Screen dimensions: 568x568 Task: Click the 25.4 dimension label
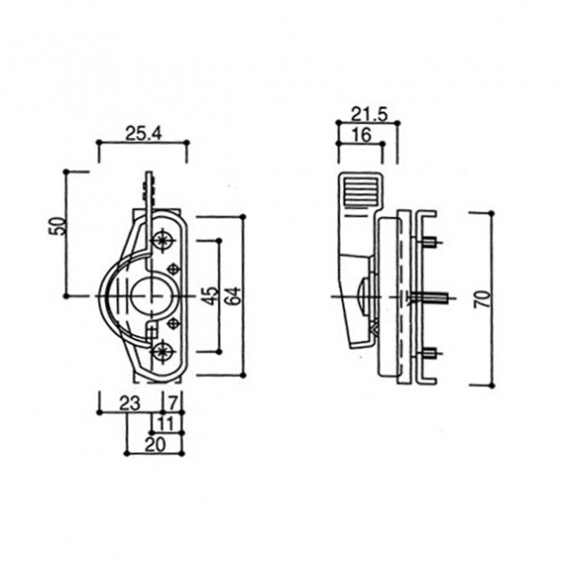tap(143, 133)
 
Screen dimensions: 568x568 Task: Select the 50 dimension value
tap(58, 226)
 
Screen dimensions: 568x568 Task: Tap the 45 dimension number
tap(211, 295)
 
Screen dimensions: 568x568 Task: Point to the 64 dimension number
tap(233, 295)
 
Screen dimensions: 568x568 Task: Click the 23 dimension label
tap(130, 403)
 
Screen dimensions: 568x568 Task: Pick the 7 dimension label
tap(173, 403)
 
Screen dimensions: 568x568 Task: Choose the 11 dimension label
tap(166, 424)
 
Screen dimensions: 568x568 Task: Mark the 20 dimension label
tap(154, 445)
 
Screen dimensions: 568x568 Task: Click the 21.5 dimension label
tap(369, 115)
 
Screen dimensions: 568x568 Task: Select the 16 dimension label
tap(362, 135)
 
